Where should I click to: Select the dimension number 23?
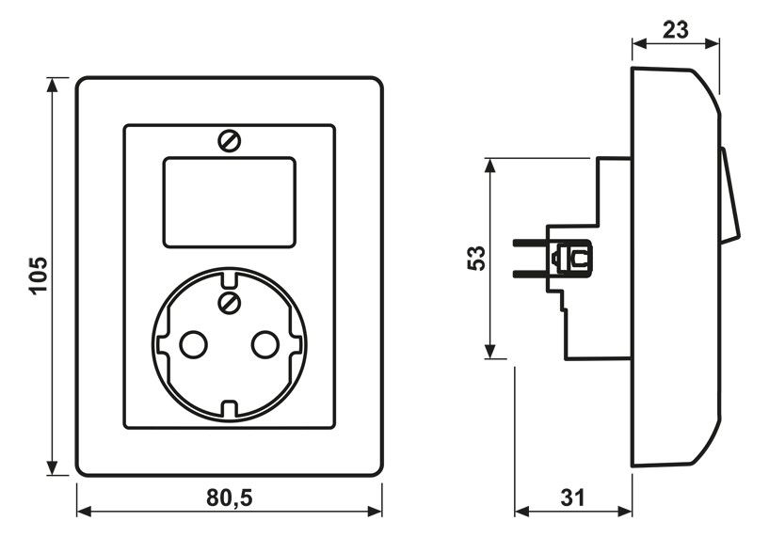click(676, 29)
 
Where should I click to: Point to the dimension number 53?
click(476, 259)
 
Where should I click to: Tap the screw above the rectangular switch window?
click(230, 141)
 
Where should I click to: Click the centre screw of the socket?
click(230, 303)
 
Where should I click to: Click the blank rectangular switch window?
click(230, 202)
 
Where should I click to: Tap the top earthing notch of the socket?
click(230, 277)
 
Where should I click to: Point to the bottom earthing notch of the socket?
click(230, 408)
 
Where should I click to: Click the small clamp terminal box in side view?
click(573, 257)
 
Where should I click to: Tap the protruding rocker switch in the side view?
click(730, 196)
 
